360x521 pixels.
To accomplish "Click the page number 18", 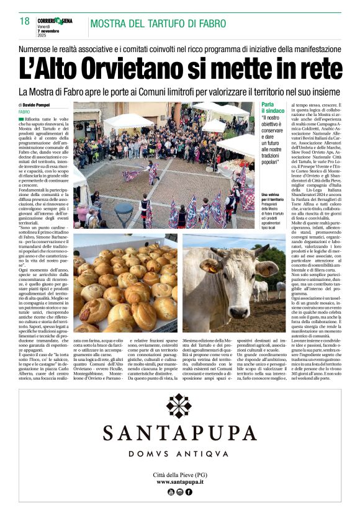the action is pyautogui.click(x=24, y=22).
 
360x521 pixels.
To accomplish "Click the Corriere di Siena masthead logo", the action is pyautogui.click(x=58, y=20).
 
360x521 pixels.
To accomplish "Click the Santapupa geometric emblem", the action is pyautogui.click(x=179, y=407).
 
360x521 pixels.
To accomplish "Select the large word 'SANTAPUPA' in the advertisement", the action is pyautogui.click(x=179, y=432).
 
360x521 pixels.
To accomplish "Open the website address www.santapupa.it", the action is pyautogui.click(x=180, y=481).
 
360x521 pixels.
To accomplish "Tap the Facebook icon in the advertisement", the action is pyautogui.click(x=189, y=492).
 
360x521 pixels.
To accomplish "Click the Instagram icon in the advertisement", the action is pyautogui.click(x=180, y=492).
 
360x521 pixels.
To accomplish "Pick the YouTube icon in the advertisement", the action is pyautogui.click(x=171, y=492).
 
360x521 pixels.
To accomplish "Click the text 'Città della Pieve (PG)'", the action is pyautogui.click(x=180, y=474).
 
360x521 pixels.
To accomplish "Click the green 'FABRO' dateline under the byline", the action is pyautogui.click(x=24, y=111).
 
